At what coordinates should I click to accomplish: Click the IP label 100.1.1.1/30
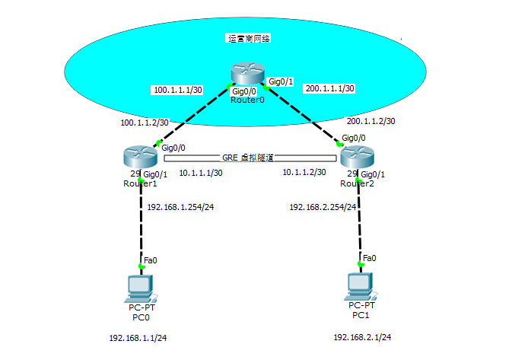(x=178, y=91)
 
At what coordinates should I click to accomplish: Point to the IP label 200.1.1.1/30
(x=329, y=88)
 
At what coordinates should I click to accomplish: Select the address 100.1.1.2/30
(x=145, y=122)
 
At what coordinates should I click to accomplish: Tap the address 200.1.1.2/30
(x=370, y=121)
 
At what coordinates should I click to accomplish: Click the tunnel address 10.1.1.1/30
(x=201, y=173)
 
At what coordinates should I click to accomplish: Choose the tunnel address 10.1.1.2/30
(x=304, y=172)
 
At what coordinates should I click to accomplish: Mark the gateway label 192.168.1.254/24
(x=180, y=207)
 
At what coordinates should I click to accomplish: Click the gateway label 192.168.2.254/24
(x=323, y=206)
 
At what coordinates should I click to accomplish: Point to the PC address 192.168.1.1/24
(x=138, y=337)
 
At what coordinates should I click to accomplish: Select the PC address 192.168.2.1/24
(x=362, y=336)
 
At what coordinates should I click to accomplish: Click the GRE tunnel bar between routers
(x=250, y=158)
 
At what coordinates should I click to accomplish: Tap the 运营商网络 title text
(x=249, y=37)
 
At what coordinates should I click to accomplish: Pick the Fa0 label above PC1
(x=369, y=258)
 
